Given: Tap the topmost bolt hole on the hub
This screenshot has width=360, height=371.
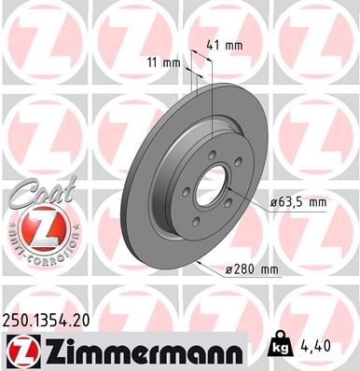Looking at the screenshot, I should click(x=212, y=154).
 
